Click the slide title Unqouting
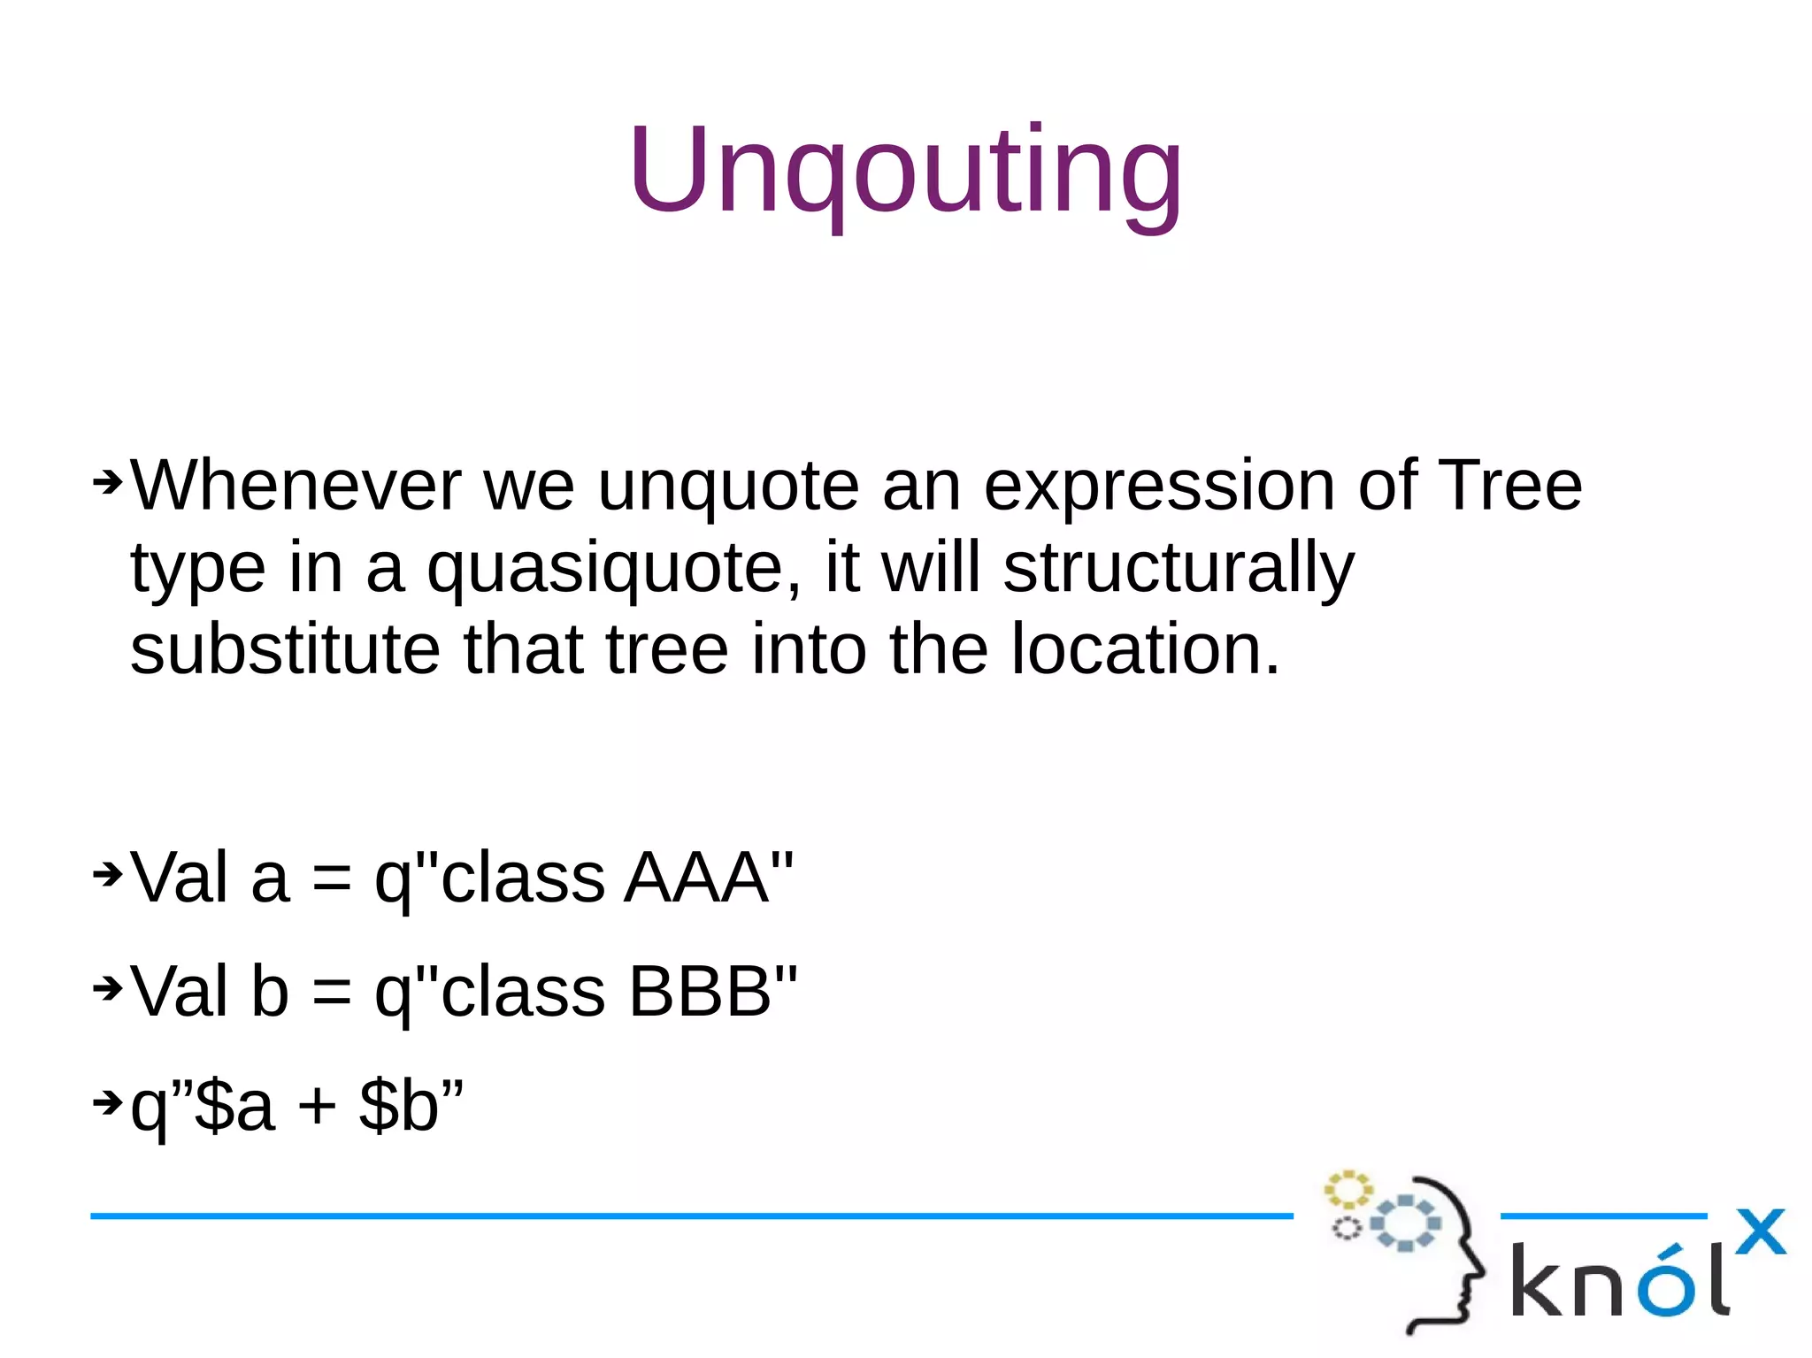coord(905,173)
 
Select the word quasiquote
coord(614,570)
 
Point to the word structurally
coord(1178,570)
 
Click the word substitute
coord(285,649)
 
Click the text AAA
coord(695,878)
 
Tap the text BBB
coord(699,992)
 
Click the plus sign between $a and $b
coord(317,1108)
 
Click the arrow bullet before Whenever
coord(107,482)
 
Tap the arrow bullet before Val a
coord(107,874)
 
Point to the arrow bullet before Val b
coord(107,988)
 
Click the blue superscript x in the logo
coord(1760,1231)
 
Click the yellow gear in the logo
coord(1347,1190)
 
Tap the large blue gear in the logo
coord(1405,1223)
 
